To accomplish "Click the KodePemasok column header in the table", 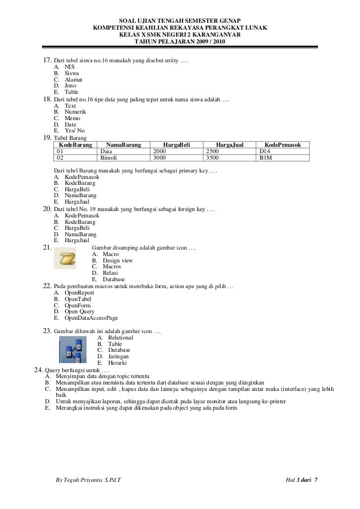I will (x=284, y=144).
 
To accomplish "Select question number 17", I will (x=47, y=60).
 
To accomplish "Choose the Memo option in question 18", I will (x=72, y=119).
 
